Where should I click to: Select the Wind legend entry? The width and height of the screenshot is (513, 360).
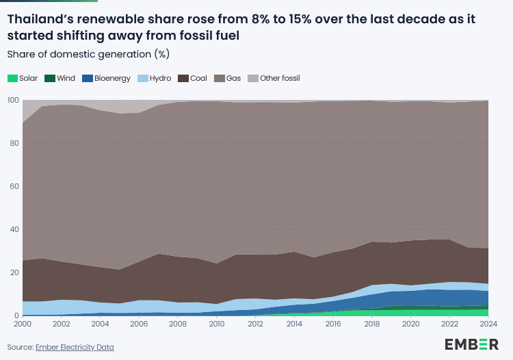click(x=60, y=78)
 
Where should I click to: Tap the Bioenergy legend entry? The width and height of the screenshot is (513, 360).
click(x=106, y=78)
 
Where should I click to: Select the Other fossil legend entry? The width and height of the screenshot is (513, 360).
click(x=274, y=78)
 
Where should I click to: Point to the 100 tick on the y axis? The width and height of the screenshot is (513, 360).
click(x=12, y=101)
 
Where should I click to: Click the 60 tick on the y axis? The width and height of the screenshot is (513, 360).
click(x=14, y=187)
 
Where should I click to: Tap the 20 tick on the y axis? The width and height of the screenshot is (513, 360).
click(x=14, y=273)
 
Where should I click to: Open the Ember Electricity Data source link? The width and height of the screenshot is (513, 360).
click(x=75, y=348)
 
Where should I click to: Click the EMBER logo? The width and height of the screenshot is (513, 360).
click(x=471, y=344)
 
